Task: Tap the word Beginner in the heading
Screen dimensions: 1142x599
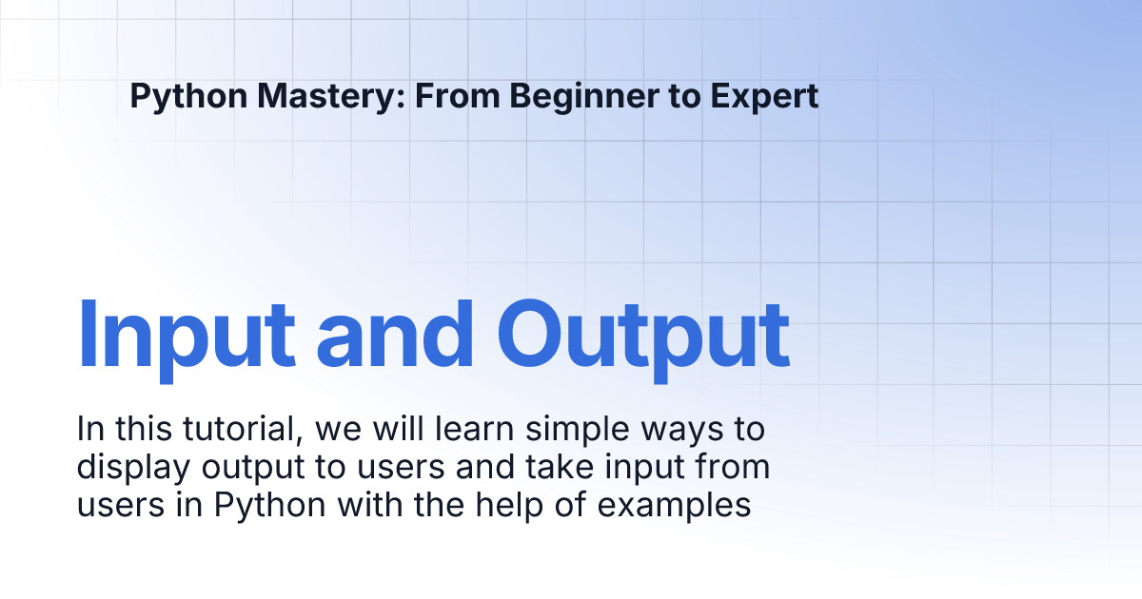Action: [x=584, y=97]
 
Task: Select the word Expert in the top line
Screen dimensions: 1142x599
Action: [x=764, y=96]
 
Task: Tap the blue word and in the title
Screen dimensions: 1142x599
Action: [x=395, y=334]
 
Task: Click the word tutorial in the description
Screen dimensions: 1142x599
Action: [x=240, y=429]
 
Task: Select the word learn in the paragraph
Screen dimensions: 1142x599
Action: [x=474, y=429]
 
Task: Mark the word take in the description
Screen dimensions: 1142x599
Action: [x=560, y=467]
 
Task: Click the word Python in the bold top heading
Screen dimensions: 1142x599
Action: [x=188, y=97]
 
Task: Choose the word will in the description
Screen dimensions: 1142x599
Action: [x=398, y=429]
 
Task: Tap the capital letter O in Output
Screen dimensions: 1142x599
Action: [x=528, y=333]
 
